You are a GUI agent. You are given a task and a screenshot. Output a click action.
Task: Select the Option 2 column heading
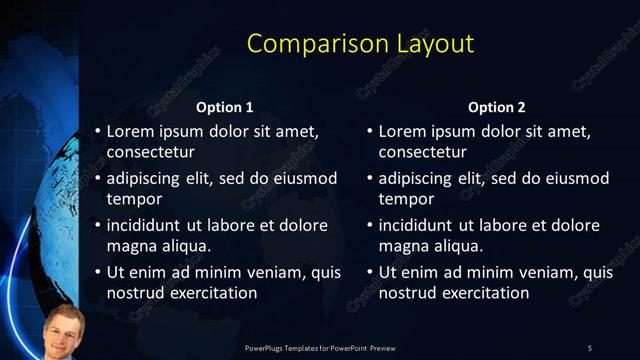tap(496, 107)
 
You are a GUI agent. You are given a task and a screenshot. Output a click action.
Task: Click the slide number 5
tap(589, 347)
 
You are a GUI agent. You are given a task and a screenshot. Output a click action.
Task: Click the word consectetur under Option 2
tap(423, 153)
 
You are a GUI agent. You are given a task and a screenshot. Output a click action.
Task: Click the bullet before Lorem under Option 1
tap(97, 131)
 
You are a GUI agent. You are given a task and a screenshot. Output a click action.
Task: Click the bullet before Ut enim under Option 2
tap(369, 272)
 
